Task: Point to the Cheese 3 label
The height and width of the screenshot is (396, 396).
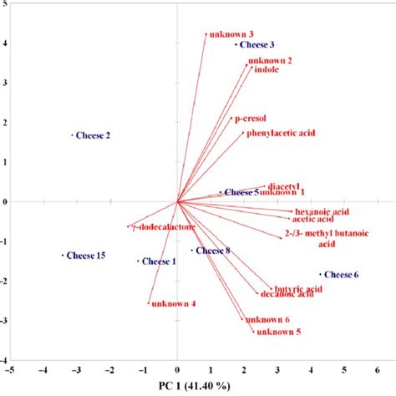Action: coord(258,44)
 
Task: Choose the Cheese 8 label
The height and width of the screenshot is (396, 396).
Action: coord(213,251)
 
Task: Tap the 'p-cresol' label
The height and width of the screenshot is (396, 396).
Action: coord(251,119)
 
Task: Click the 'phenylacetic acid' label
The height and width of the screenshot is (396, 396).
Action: coord(280,133)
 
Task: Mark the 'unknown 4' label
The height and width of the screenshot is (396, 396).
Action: coord(175,304)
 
